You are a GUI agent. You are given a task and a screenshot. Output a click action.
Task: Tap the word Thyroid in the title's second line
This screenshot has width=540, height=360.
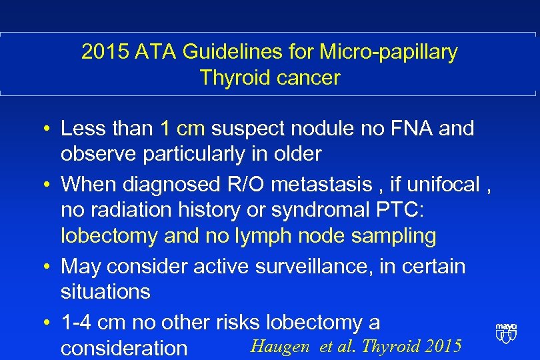233,77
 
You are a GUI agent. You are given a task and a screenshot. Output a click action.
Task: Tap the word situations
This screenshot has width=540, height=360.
105,292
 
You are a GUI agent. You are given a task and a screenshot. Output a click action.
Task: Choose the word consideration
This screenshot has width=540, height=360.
124,348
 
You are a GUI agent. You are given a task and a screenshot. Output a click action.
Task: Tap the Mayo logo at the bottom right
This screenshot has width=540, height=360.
506,332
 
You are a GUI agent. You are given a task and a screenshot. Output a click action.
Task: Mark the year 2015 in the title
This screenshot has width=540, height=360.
103,52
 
